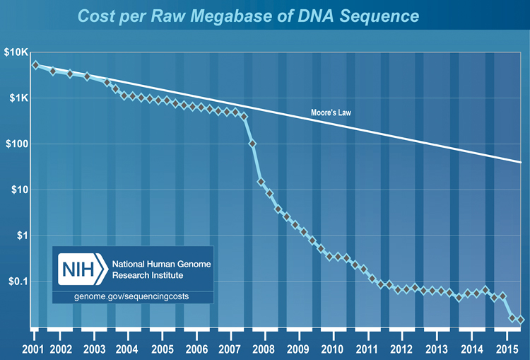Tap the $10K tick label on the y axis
pyautogui.click(x=15, y=53)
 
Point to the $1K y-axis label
pyautogui.click(x=17, y=98)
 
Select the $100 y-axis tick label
pyautogui.click(x=16, y=144)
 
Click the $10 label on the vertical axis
pyautogui.click(x=18, y=190)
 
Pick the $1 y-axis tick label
pyautogui.click(x=20, y=236)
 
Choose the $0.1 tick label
pyautogui.click(x=16, y=281)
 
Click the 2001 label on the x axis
pyautogui.click(x=32, y=349)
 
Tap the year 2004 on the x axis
pyautogui.click(x=126, y=349)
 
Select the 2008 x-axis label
pyautogui.click(x=264, y=349)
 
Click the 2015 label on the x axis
pyautogui.click(x=504, y=349)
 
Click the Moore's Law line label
pyautogui.click(x=332, y=113)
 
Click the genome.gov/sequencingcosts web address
pyautogui.click(x=131, y=296)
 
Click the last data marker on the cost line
pyautogui.click(x=521, y=320)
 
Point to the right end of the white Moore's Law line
pyautogui.click(x=521, y=162)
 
